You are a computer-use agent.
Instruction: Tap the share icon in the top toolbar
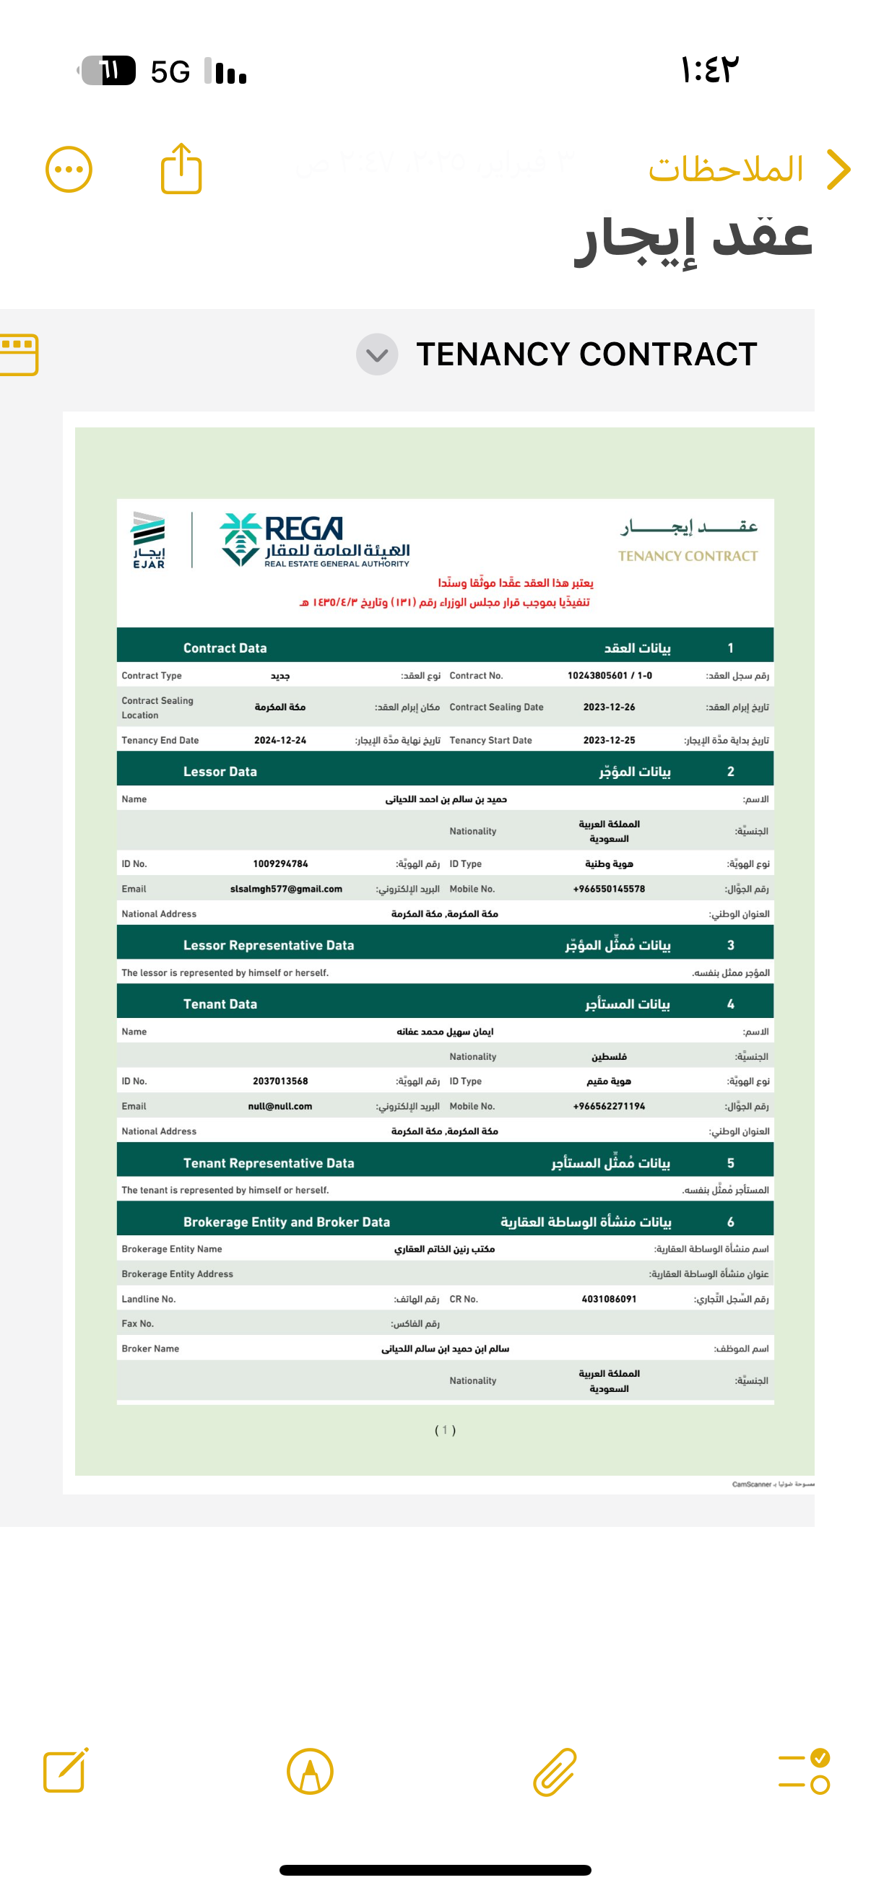pyautogui.click(x=181, y=169)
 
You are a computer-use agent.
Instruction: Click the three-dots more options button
pyautogui.click(x=69, y=170)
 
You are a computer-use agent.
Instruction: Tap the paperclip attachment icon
pyautogui.click(x=554, y=1772)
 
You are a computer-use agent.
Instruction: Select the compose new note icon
pyautogui.click(x=66, y=1771)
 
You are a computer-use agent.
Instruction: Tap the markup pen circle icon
pyautogui.click(x=309, y=1772)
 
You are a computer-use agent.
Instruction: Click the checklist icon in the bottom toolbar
pyautogui.click(x=804, y=1772)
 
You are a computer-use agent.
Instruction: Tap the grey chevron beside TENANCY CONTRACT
pyautogui.click(x=377, y=354)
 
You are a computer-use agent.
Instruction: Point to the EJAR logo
pyautogui.click(x=149, y=541)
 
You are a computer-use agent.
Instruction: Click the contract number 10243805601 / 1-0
pyautogui.click(x=610, y=675)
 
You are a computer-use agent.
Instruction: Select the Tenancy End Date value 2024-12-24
pyautogui.click(x=280, y=740)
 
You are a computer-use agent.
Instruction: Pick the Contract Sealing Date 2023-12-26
pyautogui.click(x=610, y=707)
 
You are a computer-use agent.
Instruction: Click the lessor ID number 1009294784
pyautogui.click(x=280, y=863)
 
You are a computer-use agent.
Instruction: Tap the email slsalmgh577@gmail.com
pyautogui.click(x=286, y=889)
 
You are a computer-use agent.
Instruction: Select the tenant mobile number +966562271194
pyautogui.click(x=610, y=1106)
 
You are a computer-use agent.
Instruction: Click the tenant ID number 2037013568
pyautogui.click(x=280, y=1081)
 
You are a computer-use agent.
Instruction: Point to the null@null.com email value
pyautogui.click(x=280, y=1106)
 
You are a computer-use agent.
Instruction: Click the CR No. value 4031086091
pyautogui.click(x=610, y=1300)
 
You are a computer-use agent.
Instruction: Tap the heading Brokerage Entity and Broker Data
pyautogui.click(x=287, y=1222)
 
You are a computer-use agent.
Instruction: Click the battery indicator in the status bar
pyautogui.click(x=108, y=71)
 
